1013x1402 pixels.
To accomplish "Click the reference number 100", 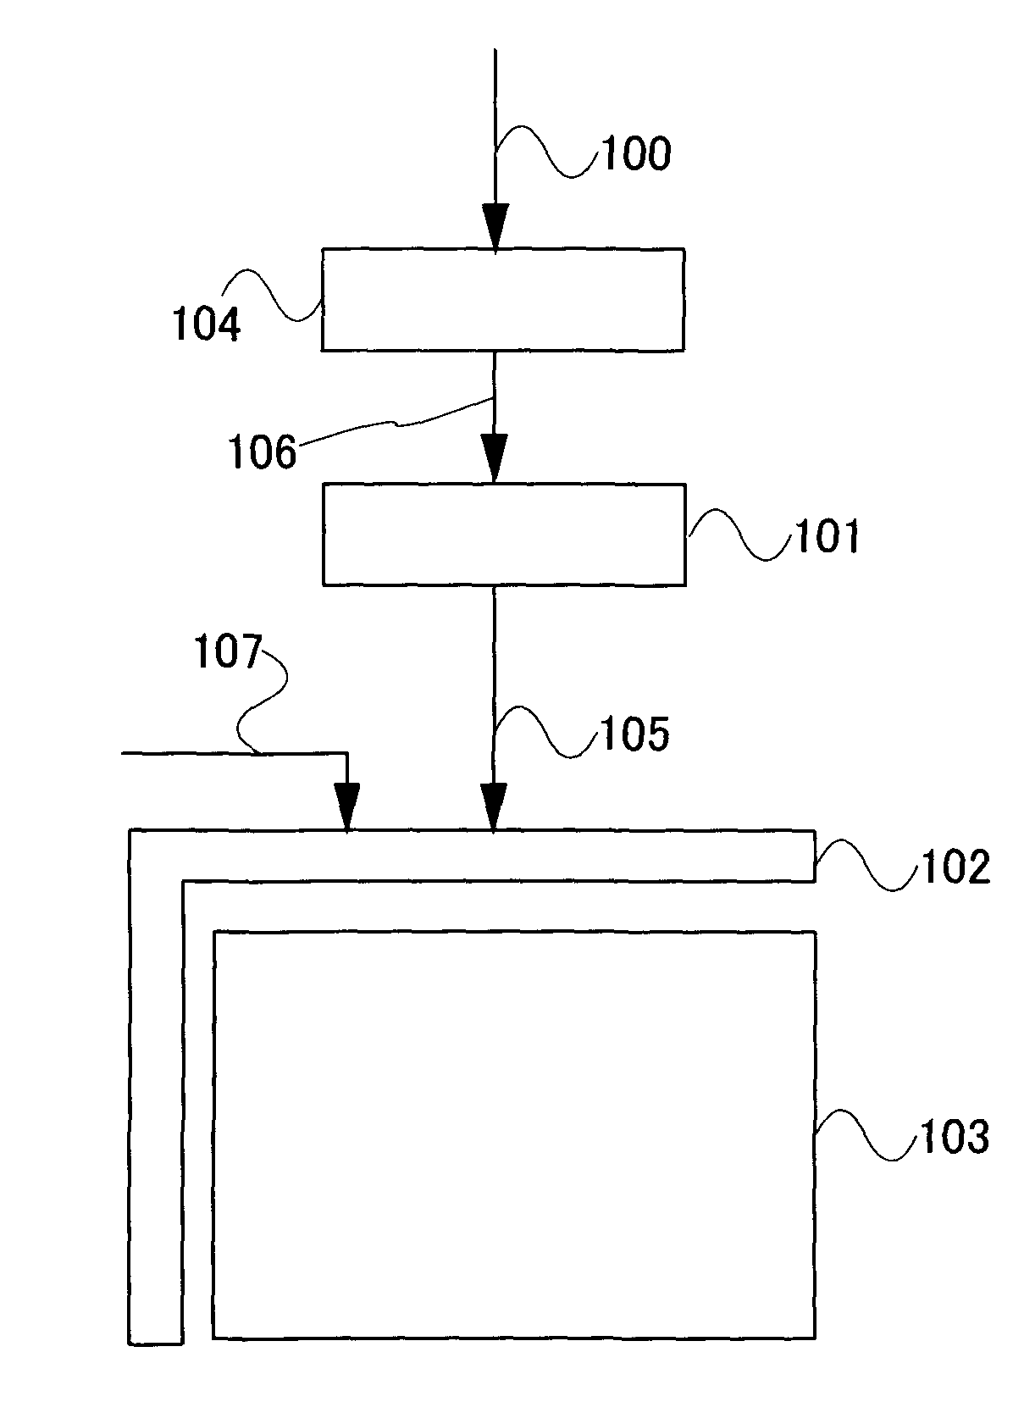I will pyautogui.click(x=635, y=155).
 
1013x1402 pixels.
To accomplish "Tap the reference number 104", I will pyautogui.click(x=207, y=324).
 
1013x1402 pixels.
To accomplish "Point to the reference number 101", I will pyautogui.click(x=826, y=537).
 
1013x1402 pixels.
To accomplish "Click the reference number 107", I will pyautogui.click(x=226, y=654).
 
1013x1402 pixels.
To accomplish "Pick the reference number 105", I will pyautogui.click(x=635, y=734).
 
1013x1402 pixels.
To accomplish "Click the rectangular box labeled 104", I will pyautogui.click(x=502, y=299).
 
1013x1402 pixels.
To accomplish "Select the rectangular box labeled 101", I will pyautogui.click(x=504, y=534).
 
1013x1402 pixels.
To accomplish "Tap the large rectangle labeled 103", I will pyautogui.click(x=514, y=1134).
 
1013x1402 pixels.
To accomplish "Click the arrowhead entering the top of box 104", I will pyautogui.click(x=495, y=227).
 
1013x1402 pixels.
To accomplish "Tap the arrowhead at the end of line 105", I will pyautogui.click(x=493, y=807).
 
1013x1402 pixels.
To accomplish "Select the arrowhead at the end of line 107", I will pyautogui.click(x=346, y=807).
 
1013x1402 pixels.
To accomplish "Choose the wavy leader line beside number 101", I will pyautogui.click(x=737, y=534).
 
